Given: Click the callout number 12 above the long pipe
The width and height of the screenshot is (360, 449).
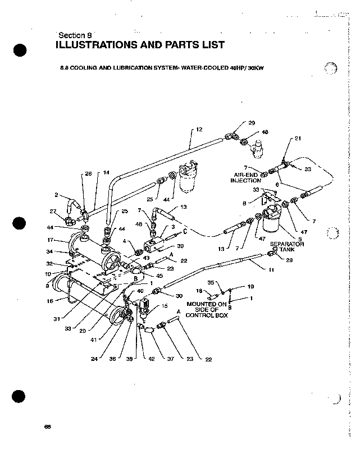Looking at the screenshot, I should pos(200,129).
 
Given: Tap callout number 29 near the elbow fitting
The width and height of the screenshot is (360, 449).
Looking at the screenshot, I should pos(252,122).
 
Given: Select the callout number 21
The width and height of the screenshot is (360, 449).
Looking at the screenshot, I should pos(298,138).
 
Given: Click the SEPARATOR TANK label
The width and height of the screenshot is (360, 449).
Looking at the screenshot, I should pos(287,248).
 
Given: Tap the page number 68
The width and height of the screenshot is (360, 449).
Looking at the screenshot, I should pos(47,427).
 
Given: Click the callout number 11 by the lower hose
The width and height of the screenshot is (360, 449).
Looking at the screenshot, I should pos(271,271).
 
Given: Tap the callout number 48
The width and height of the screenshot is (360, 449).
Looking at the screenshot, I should pos(265,132).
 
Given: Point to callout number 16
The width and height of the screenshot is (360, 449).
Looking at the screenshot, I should pos(49,301).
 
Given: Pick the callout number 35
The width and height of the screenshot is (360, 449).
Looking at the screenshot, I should pos(212,282).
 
